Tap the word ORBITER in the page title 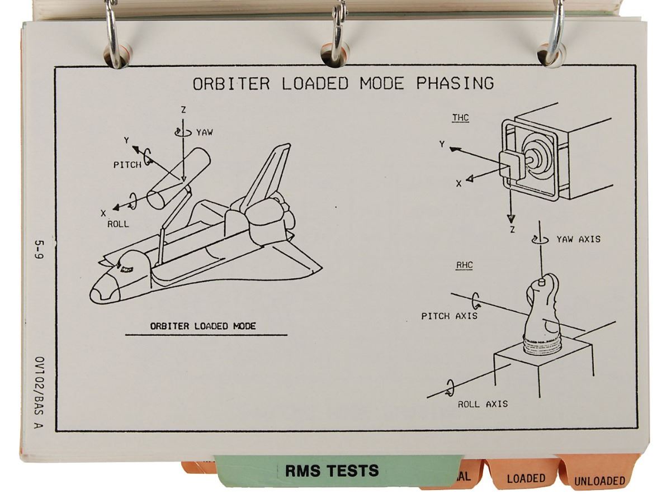[x=231, y=84]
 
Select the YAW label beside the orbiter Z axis [x=204, y=133]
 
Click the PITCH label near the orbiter [x=127, y=165]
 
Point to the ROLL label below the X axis [x=118, y=224]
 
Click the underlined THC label [x=460, y=118]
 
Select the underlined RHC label [x=464, y=266]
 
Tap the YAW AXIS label [x=578, y=239]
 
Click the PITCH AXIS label [x=449, y=316]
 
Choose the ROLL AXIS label [x=483, y=404]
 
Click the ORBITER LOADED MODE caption [x=202, y=326]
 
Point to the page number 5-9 [x=39, y=252]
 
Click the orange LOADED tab [x=526, y=478]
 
